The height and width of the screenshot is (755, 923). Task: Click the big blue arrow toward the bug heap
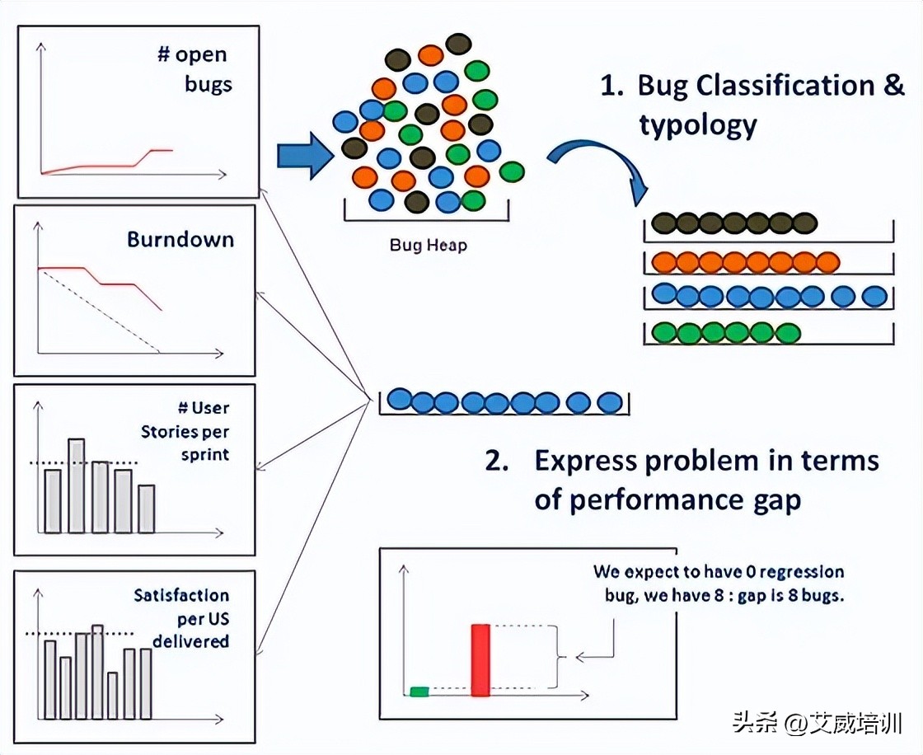302,156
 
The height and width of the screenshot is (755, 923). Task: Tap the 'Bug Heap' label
428,246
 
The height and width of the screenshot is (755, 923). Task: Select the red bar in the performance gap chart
480,660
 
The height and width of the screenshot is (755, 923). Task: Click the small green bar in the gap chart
419,691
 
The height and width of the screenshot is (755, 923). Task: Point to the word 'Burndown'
180,240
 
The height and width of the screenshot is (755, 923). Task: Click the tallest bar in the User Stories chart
77,485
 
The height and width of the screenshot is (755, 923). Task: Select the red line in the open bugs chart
107,166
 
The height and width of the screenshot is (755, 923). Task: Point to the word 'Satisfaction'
181,595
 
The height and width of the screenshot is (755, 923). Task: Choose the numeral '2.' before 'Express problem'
497,461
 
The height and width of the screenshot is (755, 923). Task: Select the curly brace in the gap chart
561,657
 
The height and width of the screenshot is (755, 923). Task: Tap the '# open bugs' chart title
194,69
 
